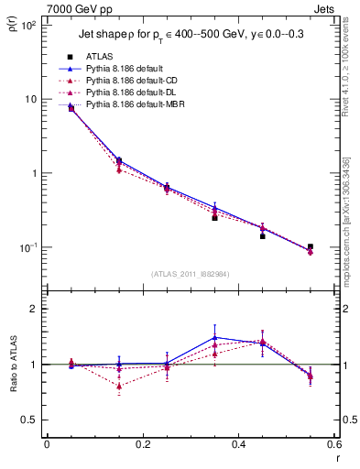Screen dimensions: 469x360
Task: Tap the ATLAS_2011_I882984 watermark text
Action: point(191,273)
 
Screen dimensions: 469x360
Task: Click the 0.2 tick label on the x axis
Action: point(143,446)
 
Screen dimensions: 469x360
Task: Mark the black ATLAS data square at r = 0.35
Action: point(214,218)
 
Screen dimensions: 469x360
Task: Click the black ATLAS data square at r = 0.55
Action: point(311,246)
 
